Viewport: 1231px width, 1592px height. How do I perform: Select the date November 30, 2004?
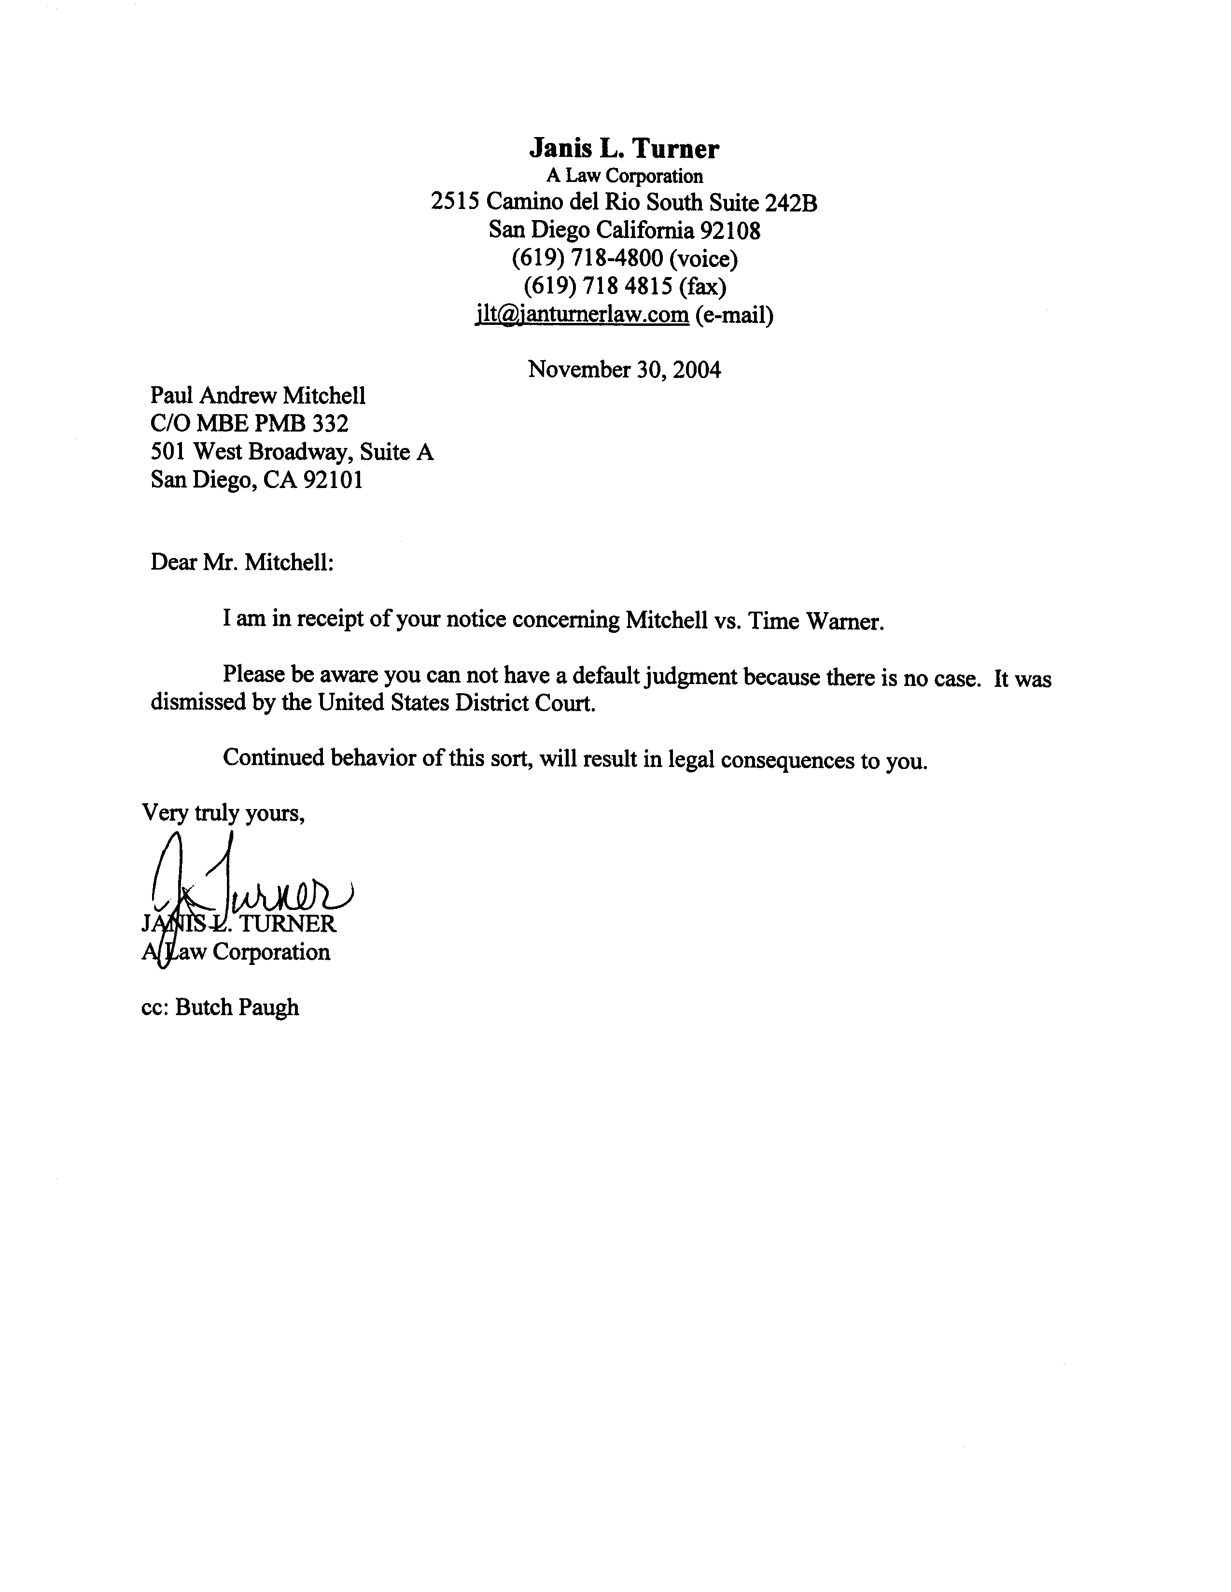click(625, 370)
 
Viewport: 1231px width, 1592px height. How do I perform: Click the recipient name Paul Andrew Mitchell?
click(258, 396)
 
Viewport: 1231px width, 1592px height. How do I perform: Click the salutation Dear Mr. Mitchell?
click(242, 563)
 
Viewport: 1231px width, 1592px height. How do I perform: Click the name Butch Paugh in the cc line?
click(238, 1007)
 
